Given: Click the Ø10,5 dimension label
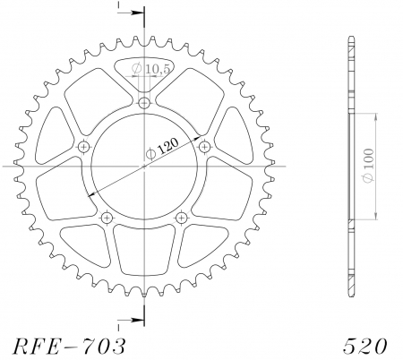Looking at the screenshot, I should [144, 68].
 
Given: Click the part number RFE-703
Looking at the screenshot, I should [63, 345].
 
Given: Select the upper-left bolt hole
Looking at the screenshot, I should [85, 146].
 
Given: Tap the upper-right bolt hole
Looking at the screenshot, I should [204, 146].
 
